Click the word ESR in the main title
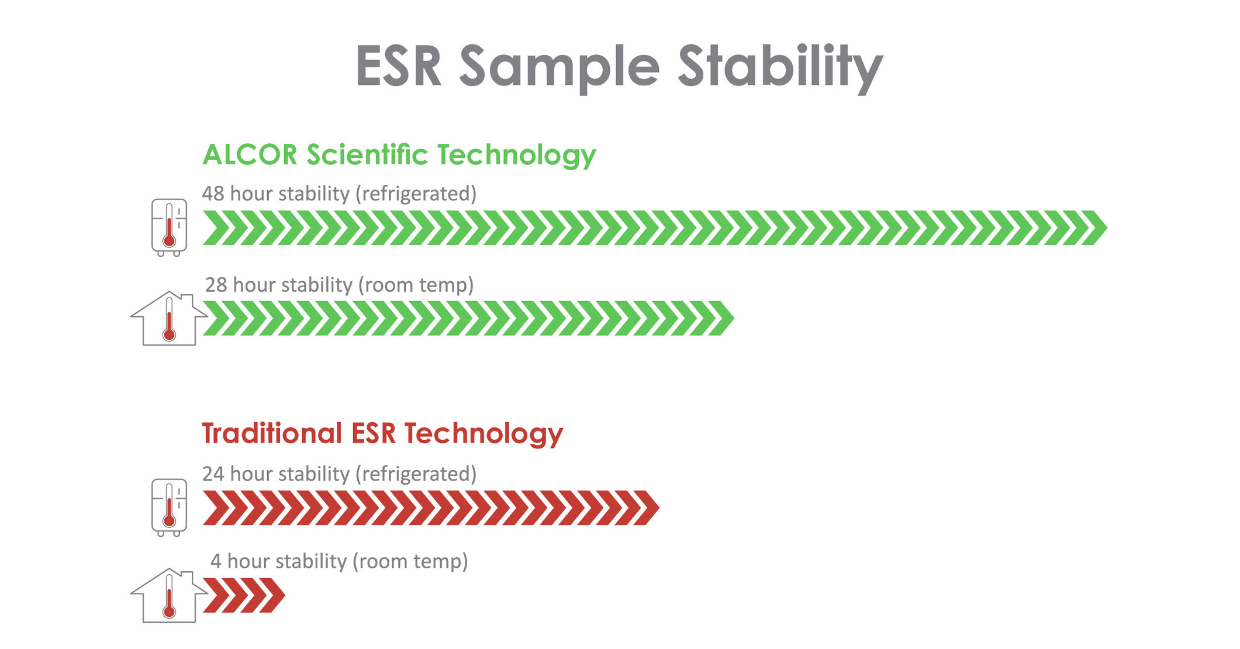click(398, 66)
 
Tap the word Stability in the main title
click(780, 68)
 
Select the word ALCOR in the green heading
click(250, 155)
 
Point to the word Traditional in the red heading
click(272, 433)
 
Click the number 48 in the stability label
click(213, 194)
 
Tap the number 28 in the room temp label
click(216, 285)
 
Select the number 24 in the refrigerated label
click(213, 474)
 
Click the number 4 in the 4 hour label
click(216, 561)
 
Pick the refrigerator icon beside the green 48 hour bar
click(169, 227)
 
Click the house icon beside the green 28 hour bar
click(169, 319)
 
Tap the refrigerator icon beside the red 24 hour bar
click(169, 508)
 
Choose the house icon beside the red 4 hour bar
click(169, 596)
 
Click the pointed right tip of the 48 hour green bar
click(1107, 227)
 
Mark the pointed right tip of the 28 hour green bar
click(734, 319)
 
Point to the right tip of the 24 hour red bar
click(659, 508)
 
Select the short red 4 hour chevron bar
click(244, 596)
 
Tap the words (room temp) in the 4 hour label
click(410, 562)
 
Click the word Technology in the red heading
click(483, 434)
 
